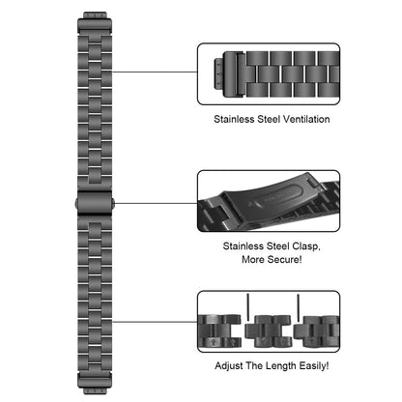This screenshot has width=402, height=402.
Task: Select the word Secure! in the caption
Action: (x=285, y=259)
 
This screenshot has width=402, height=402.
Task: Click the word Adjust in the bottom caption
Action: (x=229, y=366)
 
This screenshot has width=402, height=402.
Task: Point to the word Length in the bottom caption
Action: (x=281, y=366)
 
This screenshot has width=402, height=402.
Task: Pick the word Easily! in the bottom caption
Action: (x=314, y=366)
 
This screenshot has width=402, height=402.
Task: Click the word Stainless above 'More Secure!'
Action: (x=244, y=246)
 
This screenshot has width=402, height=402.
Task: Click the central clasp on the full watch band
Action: (x=95, y=203)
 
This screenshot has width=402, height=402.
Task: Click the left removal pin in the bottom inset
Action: (x=247, y=307)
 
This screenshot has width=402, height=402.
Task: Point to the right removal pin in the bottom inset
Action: (x=298, y=308)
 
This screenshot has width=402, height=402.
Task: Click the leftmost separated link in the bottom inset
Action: (x=219, y=330)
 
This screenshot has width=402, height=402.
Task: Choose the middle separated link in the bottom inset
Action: (x=269, y=331)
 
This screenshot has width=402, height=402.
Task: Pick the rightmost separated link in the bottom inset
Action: (x=316, y=331)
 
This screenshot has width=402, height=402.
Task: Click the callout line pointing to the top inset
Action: (x=155, y=72)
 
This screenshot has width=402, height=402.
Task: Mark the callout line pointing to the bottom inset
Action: (x=155, y=322)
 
